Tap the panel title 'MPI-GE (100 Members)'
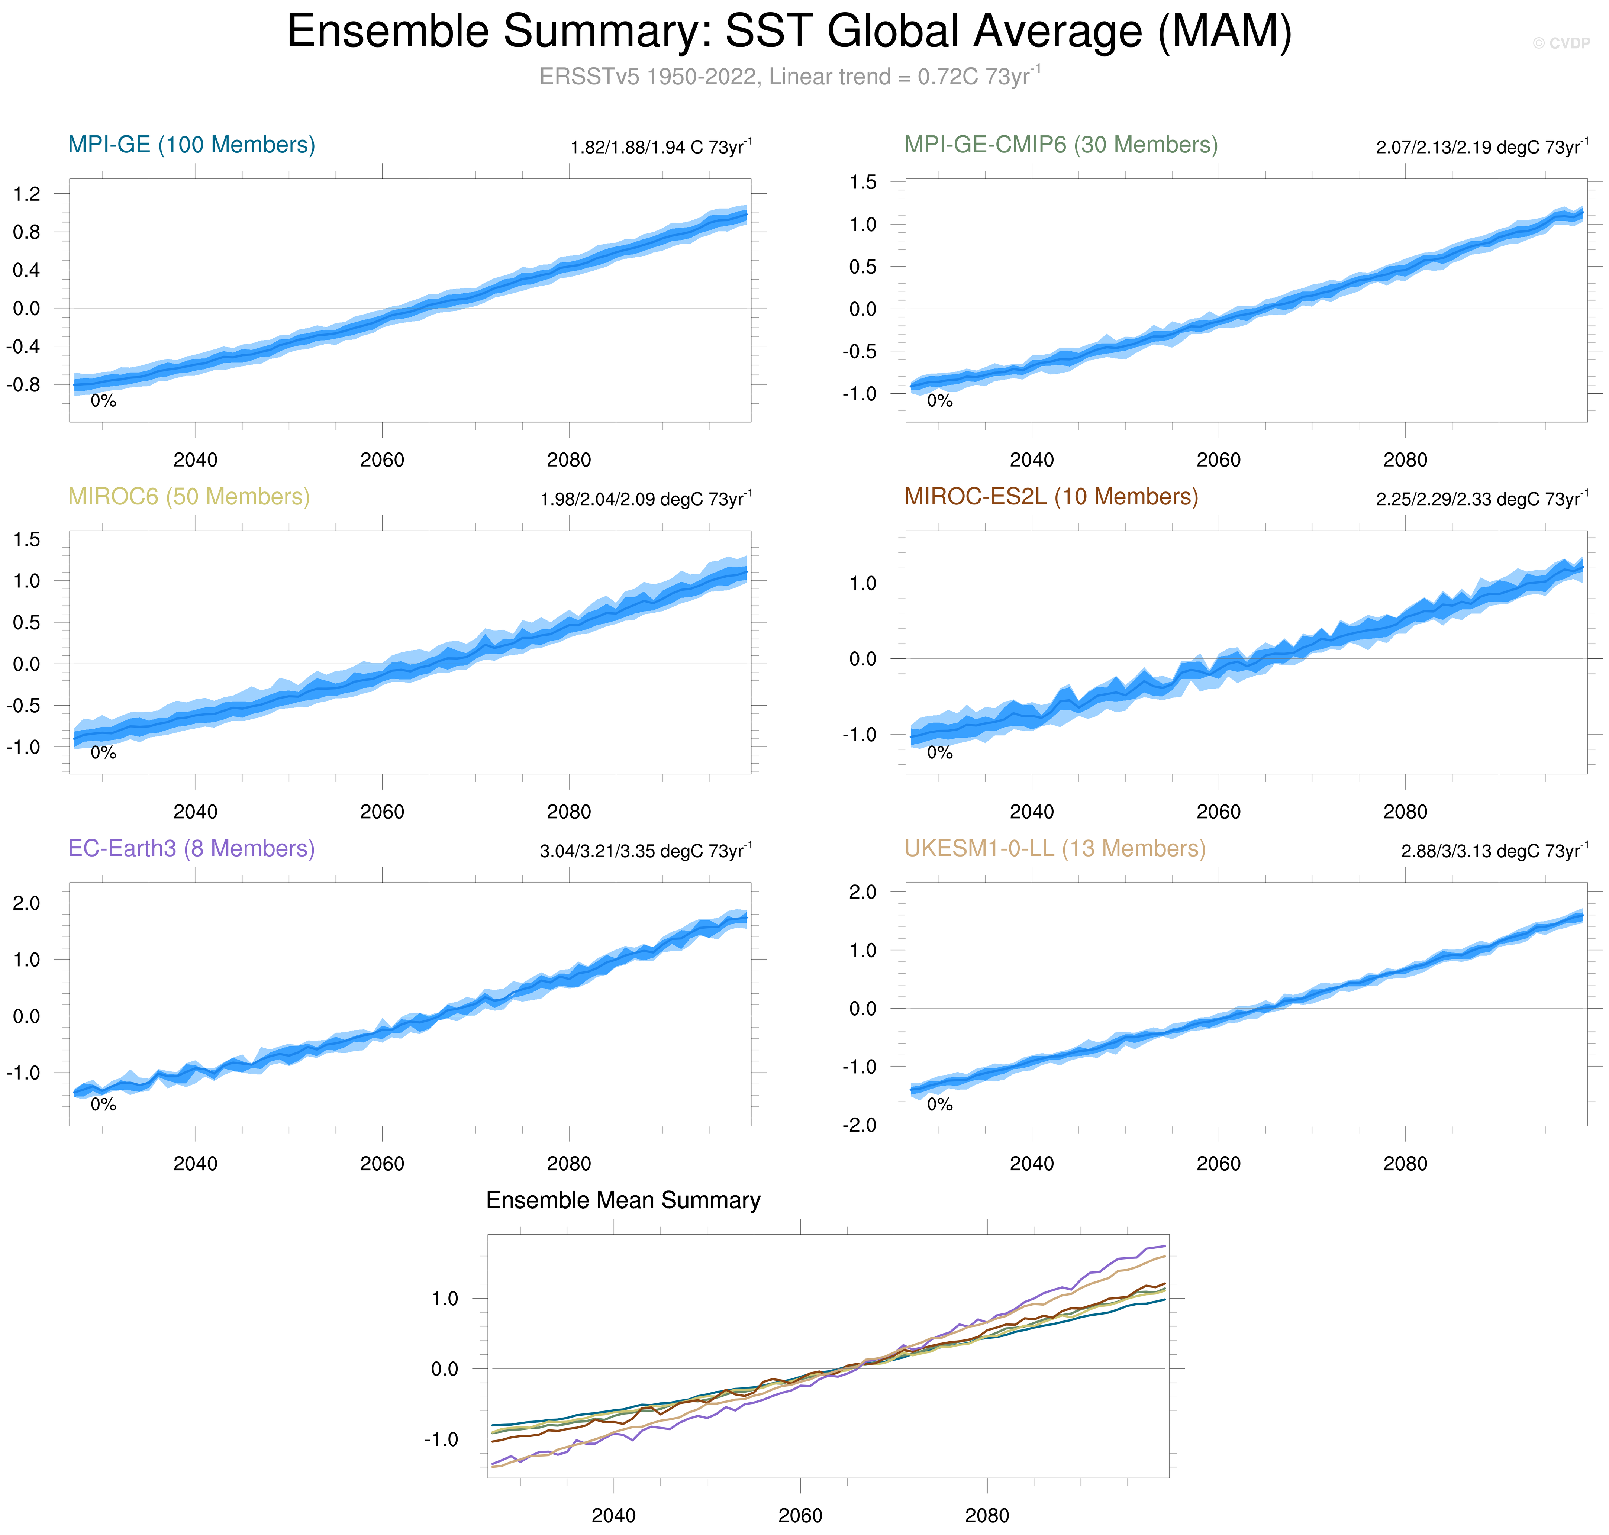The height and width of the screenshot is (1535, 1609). (191, 145)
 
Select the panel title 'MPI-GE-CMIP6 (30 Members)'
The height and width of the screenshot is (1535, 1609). (1061, 145)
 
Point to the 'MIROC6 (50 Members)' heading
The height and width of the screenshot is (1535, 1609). (189, 497)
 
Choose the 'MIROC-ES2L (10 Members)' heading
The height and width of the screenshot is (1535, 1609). (1051, 497)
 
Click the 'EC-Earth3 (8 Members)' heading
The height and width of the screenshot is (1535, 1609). (191, 848)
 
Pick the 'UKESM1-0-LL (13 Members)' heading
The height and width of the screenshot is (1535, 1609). (1055, 848)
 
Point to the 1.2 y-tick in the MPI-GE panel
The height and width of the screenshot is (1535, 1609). (26, 194)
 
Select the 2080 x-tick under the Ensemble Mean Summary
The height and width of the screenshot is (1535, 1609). (987, 1515)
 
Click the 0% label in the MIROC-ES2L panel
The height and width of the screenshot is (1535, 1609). (939, 753)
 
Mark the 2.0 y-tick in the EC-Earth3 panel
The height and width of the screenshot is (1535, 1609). (26, 903)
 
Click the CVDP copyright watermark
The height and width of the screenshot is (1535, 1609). (1561, 43)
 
